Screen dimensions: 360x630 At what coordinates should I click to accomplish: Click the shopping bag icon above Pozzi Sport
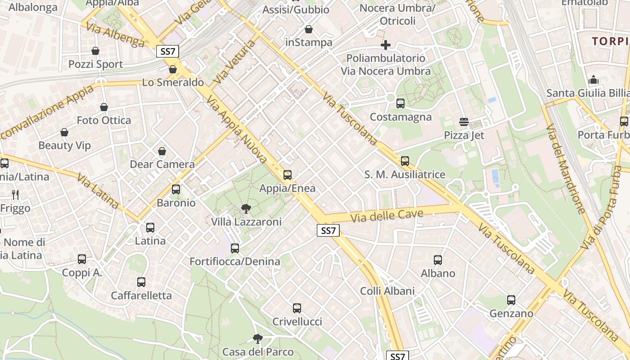95,51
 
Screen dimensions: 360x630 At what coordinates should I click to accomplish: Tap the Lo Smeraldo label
173,82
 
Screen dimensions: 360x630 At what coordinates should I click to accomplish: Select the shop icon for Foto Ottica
104,107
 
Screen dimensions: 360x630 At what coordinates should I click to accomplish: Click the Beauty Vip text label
64,145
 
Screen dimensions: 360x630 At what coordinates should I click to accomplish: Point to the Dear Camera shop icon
162,152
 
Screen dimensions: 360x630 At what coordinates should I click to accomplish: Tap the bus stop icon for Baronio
176,189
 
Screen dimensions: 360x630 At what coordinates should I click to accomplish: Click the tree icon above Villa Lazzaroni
246,208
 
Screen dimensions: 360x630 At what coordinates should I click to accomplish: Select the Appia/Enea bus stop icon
288,175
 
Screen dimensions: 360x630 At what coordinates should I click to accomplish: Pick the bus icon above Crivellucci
297,308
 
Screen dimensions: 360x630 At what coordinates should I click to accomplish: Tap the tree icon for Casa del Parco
257,338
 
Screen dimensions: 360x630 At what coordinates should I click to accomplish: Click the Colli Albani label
387,291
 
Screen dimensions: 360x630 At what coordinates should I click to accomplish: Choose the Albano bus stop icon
438,260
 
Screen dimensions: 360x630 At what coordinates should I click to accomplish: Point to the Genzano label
511,313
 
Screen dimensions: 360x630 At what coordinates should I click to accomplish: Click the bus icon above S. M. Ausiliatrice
405,161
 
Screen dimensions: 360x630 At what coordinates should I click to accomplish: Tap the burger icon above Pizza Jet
464,122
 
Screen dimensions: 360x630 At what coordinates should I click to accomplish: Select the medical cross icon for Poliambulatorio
386,45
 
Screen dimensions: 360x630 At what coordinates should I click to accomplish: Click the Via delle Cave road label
387,215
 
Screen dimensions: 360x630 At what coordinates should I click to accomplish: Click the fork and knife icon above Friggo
15,194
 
